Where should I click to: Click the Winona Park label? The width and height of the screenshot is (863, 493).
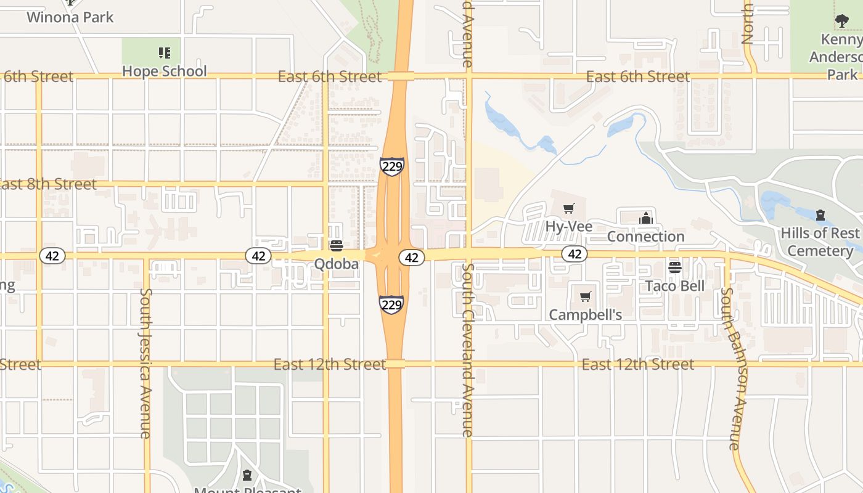[x=70, y=17]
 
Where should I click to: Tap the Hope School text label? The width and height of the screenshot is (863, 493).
[x=164, y=71]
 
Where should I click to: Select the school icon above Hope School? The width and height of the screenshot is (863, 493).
[x=164, y=53]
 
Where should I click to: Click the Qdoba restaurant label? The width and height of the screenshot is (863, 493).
[x=336, y=264]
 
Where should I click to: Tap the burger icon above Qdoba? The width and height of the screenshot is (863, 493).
[x=336, y=246]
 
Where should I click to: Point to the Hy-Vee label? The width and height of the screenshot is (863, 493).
[x=568, y=226]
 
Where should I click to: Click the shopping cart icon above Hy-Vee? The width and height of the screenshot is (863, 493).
[x=568, y=209]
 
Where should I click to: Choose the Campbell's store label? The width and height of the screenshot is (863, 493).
[x=585, y=314]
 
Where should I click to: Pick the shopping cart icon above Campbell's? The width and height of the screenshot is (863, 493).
[x=585, y=297]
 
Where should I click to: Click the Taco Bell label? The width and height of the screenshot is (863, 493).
[x=674, y=285]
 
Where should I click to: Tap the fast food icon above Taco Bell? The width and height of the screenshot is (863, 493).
[x=674, y=267]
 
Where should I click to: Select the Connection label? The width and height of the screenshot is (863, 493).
[x=645, y=236]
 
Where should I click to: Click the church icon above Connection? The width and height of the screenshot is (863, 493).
[x=645, y=218]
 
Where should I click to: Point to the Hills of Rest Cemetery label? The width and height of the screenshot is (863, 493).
[x=820, y=242]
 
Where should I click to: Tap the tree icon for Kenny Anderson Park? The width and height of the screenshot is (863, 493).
[x=841, y=21]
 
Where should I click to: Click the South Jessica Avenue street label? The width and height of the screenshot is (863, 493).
[x=145, y=363]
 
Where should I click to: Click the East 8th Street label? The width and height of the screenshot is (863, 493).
[x=47, y=184]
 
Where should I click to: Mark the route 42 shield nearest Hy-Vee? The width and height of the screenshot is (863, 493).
[x=575, y=253]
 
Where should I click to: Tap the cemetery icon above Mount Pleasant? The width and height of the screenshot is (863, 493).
[x=247, y=475]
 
